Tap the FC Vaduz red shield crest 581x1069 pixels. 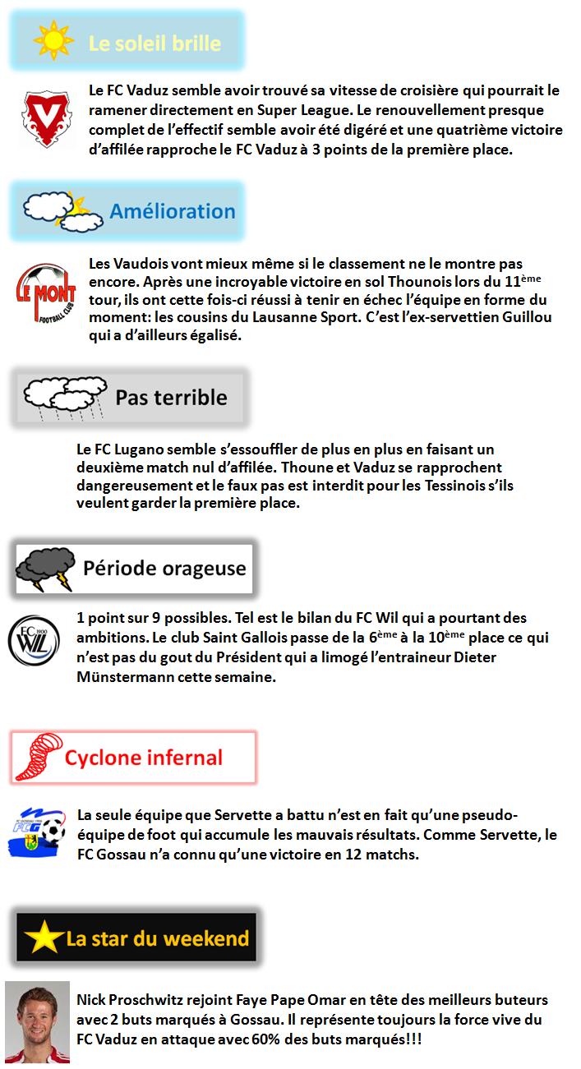click(x=46, y=120)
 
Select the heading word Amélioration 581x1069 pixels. click(x=173, y=210)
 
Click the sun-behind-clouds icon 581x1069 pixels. click(x=56, y=211)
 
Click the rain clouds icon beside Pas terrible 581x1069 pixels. click(x=62, y=398)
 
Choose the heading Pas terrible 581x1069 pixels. click(x=171, y=398)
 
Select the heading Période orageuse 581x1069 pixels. click(x=164, y=568)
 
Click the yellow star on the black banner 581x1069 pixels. click(x=43, y=938)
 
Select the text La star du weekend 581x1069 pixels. click(x=158, y=938)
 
